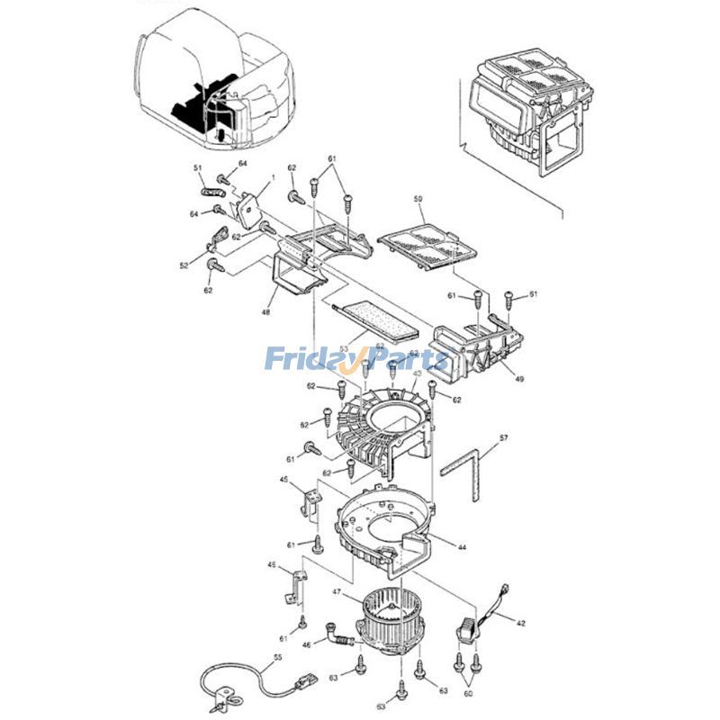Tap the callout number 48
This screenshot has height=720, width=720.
click(265, 312)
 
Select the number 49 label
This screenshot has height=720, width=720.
click(519, 379)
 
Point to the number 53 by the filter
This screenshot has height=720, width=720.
click(344, 347)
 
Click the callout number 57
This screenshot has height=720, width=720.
click(503, 437)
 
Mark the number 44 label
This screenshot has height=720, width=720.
click(462, 547)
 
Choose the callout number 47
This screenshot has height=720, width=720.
click(337, 592)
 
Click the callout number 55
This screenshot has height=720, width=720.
click(277, 659)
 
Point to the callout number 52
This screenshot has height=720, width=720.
click(184, 265)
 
